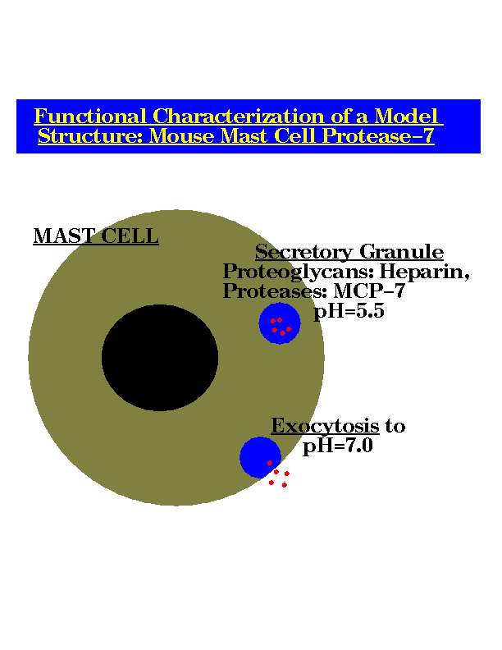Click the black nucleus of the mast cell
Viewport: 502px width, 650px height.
(160, 358)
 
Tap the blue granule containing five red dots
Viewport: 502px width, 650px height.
(280, 323)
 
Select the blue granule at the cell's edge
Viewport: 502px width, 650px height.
(261, 457)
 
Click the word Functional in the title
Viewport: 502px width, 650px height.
(90, 117)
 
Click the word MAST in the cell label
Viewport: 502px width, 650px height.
(64, 236)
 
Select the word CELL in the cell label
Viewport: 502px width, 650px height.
(130, 236)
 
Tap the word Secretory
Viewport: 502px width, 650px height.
(304, 252)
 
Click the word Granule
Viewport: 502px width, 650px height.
(401, 252)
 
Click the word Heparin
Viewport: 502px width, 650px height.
(425, 272)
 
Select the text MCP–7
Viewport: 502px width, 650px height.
(369, 291)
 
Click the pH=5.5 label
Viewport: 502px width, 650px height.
(349, 311)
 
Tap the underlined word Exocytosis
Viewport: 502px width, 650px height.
(325, 426)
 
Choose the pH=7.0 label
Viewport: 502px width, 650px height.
(338, 446)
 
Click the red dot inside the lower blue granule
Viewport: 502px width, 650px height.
(270, 463)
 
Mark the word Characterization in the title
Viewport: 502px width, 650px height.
(238, 117)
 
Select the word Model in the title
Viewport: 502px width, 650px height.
(406, 117)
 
